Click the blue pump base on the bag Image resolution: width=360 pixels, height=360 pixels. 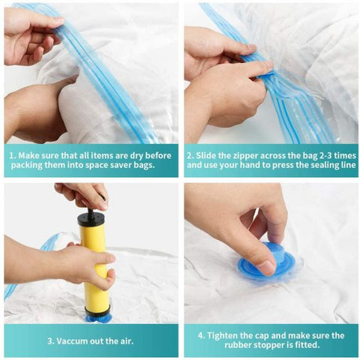point(98,316)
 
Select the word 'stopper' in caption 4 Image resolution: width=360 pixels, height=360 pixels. point(253,346)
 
